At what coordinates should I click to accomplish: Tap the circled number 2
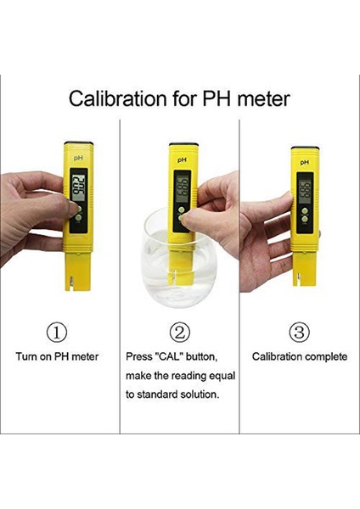180,332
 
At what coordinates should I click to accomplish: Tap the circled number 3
300,332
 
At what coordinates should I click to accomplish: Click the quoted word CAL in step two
172,356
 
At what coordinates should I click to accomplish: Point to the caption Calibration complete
300,356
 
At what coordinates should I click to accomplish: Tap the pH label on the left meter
77,157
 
